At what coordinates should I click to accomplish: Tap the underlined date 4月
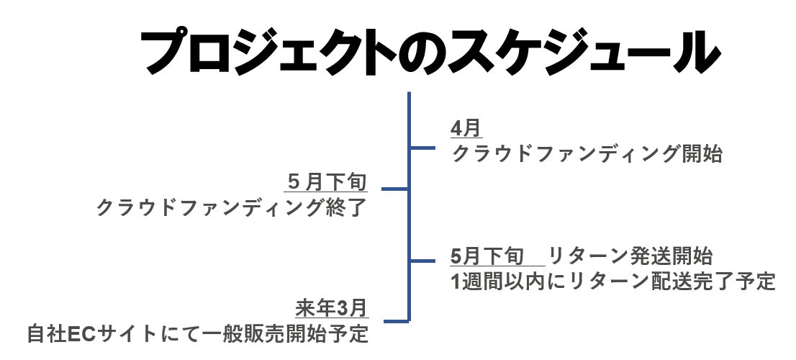(466, 129)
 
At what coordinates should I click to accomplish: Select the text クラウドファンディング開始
(587, 153)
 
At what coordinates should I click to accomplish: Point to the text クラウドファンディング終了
(230, 208)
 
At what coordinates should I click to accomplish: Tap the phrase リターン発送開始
(630, 256)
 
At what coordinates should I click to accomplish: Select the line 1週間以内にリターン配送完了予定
(612, 280)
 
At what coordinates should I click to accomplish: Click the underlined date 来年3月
(332, 309)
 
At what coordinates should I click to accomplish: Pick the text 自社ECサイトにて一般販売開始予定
(198, 334)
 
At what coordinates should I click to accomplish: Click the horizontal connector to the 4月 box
(422, 148)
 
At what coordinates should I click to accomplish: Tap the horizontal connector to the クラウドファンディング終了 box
(394, 190)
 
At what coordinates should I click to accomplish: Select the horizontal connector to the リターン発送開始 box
(422, 260)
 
